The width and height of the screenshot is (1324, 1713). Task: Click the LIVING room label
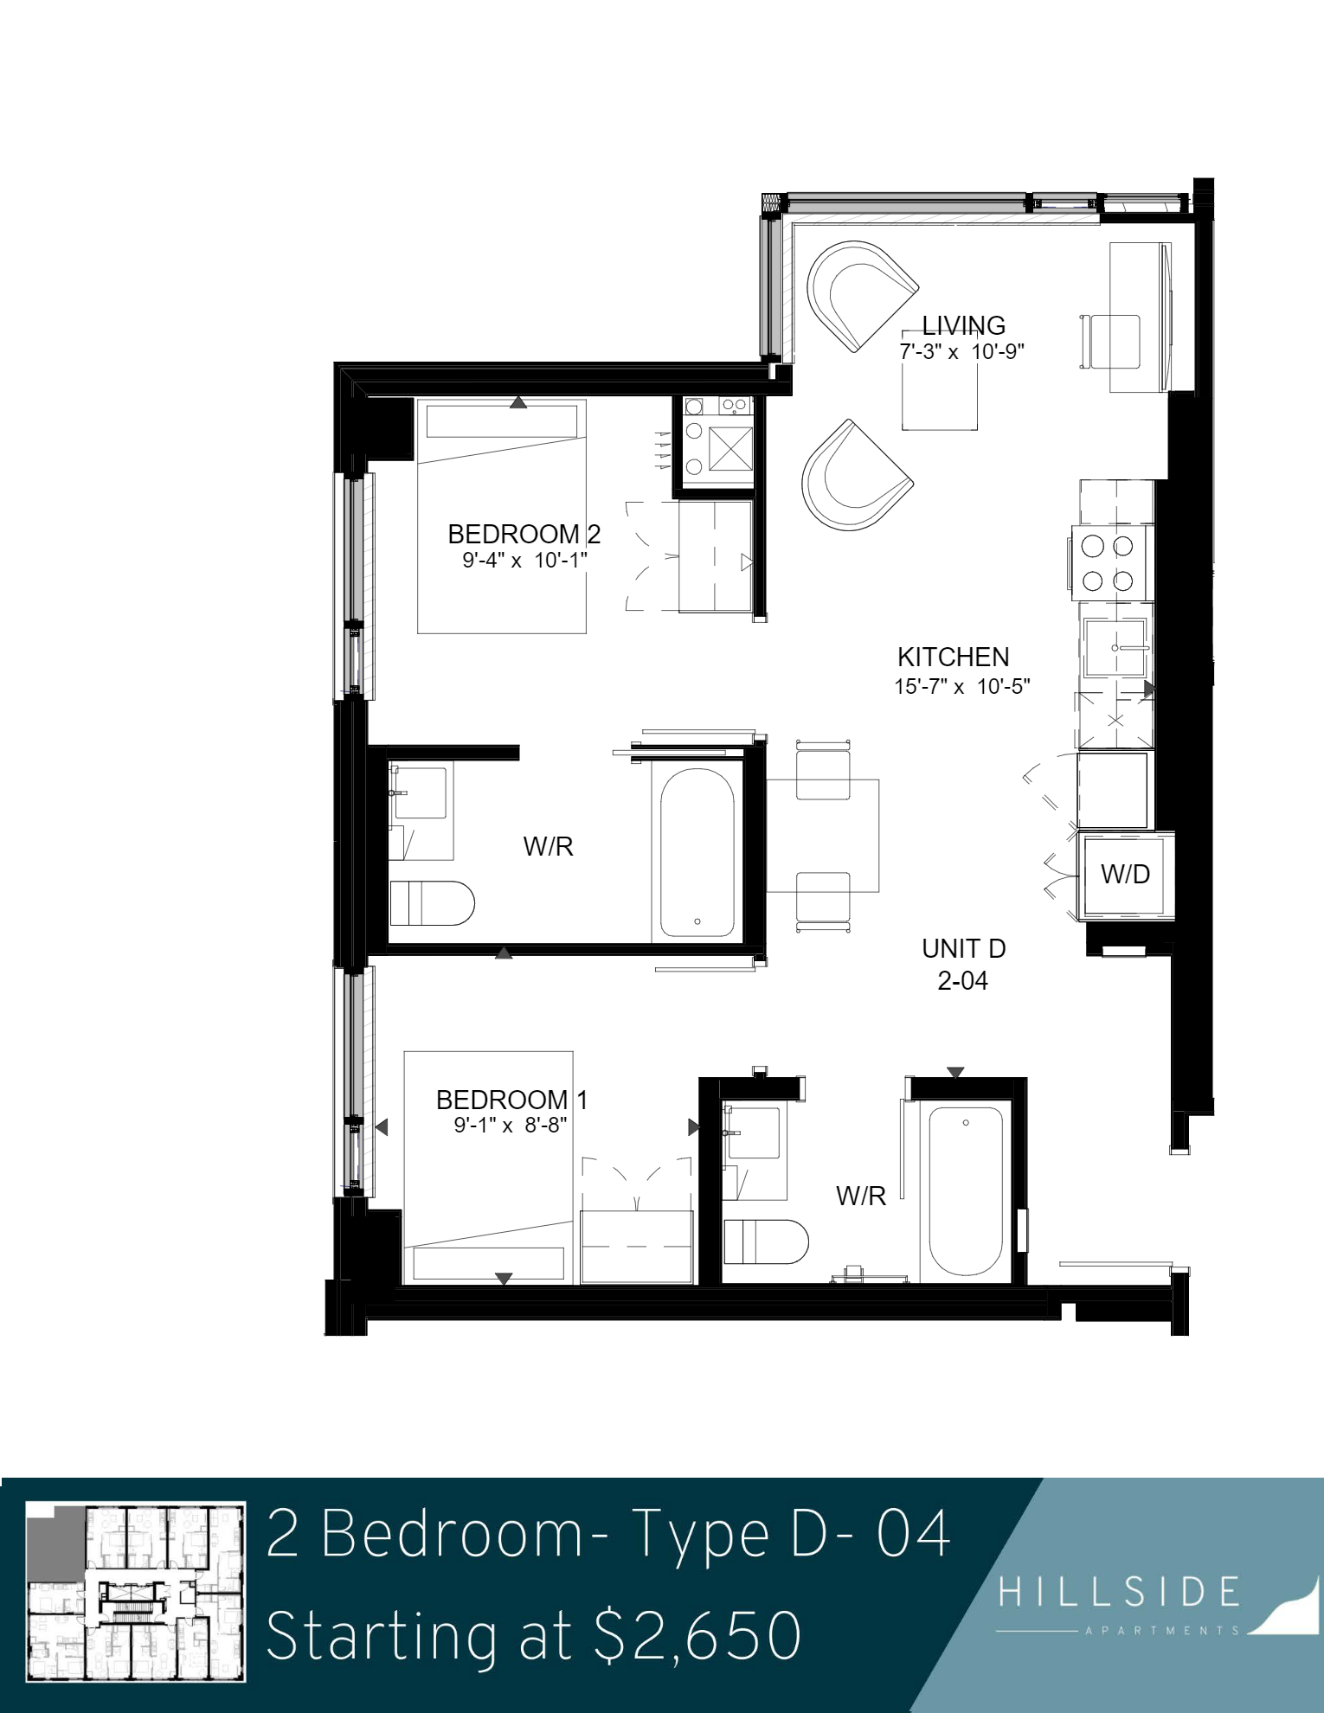[x=963, y=325]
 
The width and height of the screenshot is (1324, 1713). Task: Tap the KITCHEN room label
[x=953, y=657]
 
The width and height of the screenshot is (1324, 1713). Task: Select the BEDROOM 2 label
[x=524, y=534]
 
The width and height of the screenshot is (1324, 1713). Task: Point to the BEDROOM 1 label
[x=511, y=1100]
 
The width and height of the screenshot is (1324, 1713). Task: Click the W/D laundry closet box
[x=1125, y=875]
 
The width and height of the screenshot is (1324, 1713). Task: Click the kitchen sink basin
[x=1116, y=647]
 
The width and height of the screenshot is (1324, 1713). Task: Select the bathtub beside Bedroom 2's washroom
[x=697, y=852]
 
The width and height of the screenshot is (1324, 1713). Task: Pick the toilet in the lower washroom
[x=765, y=1241]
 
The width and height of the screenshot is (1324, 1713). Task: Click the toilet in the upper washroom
[x=432, y=903]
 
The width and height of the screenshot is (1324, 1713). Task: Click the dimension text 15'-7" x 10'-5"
[x=961, y=686]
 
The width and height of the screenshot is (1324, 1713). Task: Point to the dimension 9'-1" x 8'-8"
[x=511, y=1125]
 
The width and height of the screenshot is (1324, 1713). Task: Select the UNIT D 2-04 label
[x=963, y=965]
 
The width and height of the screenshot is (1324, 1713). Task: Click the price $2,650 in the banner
[x=697, y=1635]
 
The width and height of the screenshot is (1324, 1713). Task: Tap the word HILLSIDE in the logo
[x=1119, y=1592]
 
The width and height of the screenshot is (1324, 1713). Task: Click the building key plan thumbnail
[x=136, y=1592]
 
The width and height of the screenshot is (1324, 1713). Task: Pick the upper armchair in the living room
[x=860, y=295]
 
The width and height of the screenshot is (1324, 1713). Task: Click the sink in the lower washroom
[x=753, y=1132]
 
